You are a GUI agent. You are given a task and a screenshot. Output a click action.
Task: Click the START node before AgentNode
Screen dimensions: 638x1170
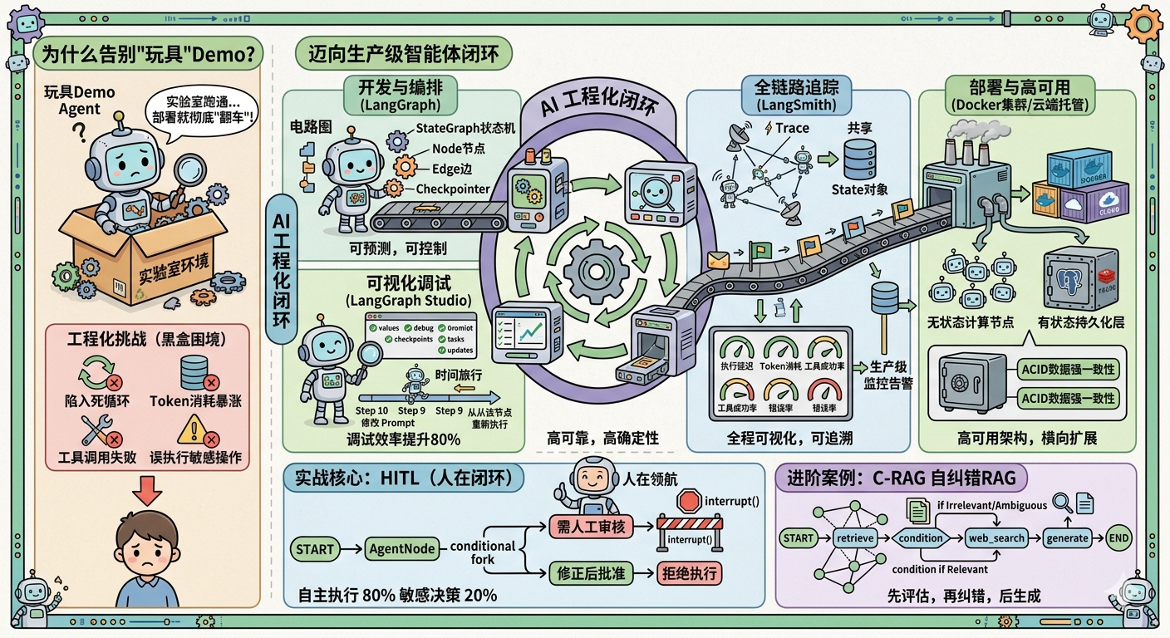[x=316, y=549]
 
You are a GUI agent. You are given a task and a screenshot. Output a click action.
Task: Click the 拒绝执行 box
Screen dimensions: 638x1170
[x=688, y=572]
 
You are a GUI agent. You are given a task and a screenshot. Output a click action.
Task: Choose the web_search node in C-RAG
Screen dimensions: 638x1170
[x=997, y=537]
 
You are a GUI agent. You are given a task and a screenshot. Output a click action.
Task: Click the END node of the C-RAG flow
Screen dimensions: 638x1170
[x=1119, y=537]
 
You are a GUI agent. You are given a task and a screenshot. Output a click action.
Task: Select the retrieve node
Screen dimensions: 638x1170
[x=855, y=538]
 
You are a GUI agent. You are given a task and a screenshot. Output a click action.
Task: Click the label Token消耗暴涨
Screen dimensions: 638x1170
[x=196, y=401]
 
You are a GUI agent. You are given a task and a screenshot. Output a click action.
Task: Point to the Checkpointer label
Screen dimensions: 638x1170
[x=453, y=189]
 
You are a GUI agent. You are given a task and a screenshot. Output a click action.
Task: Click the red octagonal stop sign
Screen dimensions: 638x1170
[x=689, y=500]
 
